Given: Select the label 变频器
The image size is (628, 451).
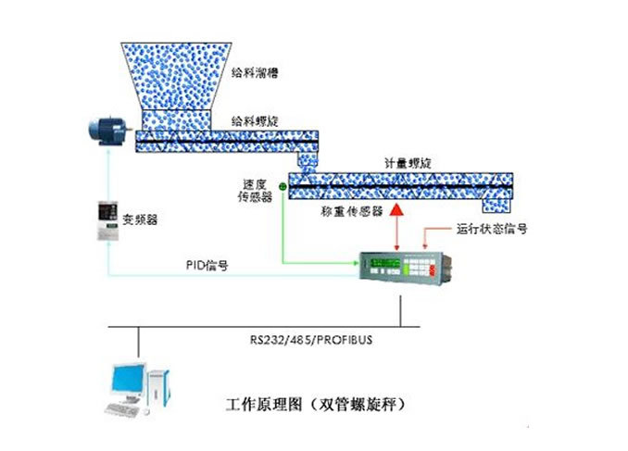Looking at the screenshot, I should click(x=140, y=220).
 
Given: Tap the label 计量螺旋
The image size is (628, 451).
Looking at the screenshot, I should click(x=407, y=162).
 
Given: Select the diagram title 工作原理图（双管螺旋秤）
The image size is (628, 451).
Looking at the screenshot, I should click(x=316, y=405).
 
